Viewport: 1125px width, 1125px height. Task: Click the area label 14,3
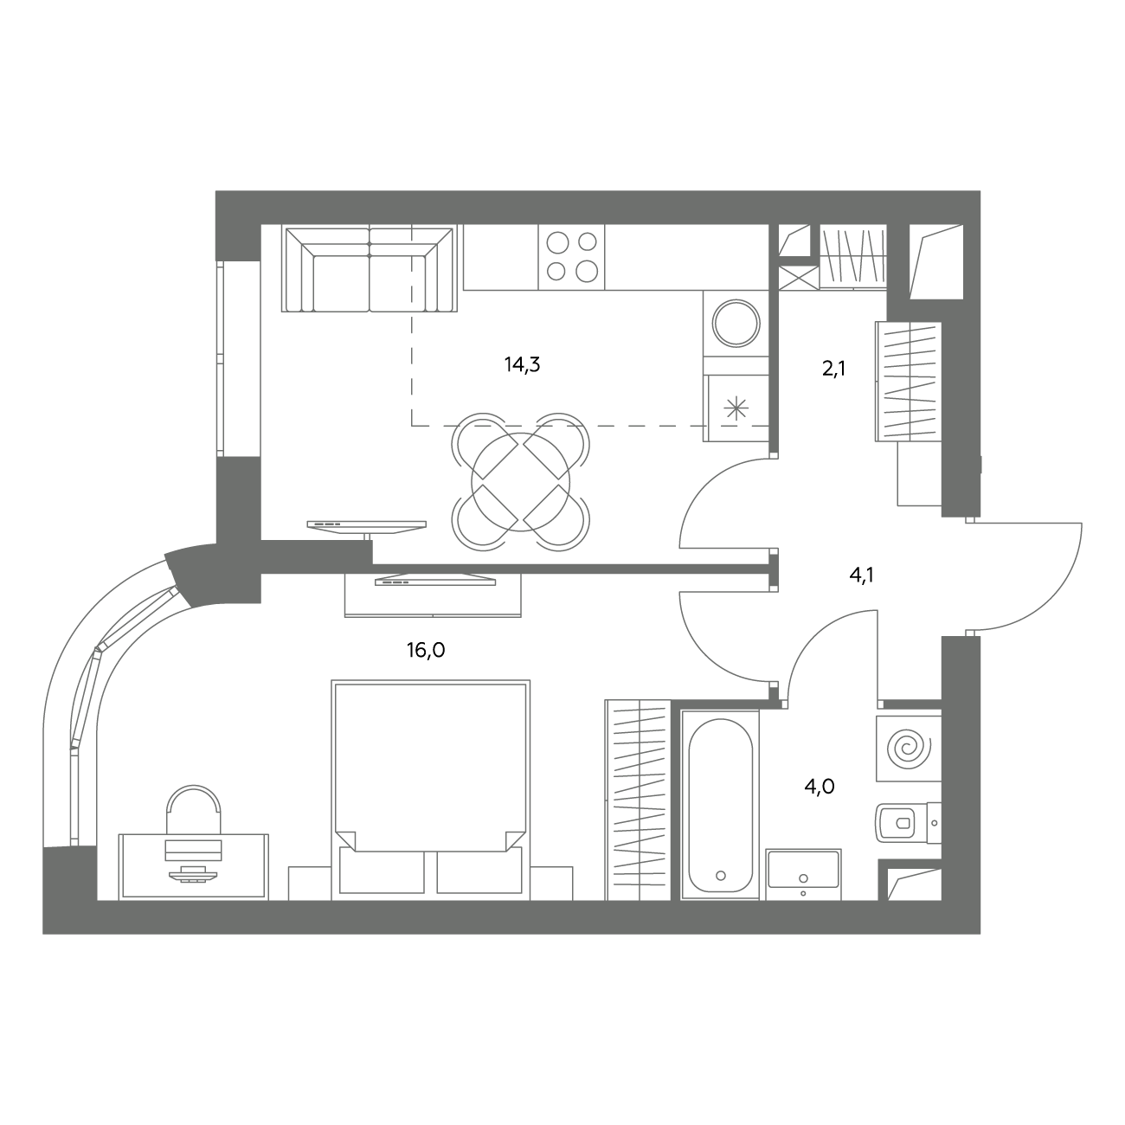pos(522,365)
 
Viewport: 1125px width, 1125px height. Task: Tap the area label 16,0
pos(426,650)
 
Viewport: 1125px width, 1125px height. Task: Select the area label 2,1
pos(833,369)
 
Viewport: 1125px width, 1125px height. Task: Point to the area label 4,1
pos(862,576)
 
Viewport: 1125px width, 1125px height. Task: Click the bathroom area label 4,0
pos(819,787)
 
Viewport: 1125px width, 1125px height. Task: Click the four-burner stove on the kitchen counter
pos(571,257)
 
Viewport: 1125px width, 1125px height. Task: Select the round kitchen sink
pos(736,323)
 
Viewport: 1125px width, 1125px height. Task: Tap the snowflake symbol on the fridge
pos(736,408)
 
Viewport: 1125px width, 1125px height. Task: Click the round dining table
pos(520,483)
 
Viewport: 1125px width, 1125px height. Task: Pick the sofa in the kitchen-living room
pos(369,269)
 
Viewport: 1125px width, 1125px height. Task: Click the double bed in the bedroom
pos(431,790)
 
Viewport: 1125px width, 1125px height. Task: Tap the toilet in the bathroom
pos(907,823)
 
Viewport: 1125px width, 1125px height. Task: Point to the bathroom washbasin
pos(803,875)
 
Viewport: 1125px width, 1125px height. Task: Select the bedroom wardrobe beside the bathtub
pos(638,800)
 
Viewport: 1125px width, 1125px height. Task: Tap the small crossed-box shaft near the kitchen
pos(799,278)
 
